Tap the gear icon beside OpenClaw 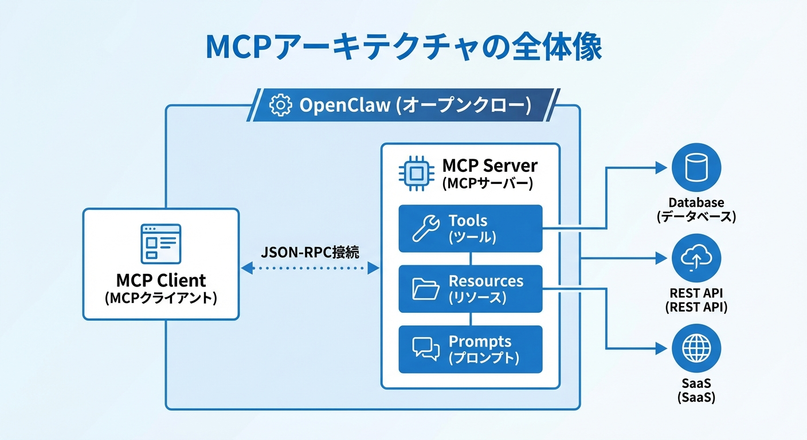(280, 105)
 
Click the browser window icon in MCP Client (160, 243)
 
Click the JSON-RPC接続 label (310, 252)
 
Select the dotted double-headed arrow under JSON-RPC (310, 268)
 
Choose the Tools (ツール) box (470, 228)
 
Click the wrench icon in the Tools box (426, 228)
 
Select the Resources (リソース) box (470, 289)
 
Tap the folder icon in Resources (426, 289)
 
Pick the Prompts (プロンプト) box (470, 349)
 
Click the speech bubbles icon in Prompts (426, 349)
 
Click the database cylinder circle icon (696, 168)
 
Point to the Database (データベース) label (696, 209)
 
